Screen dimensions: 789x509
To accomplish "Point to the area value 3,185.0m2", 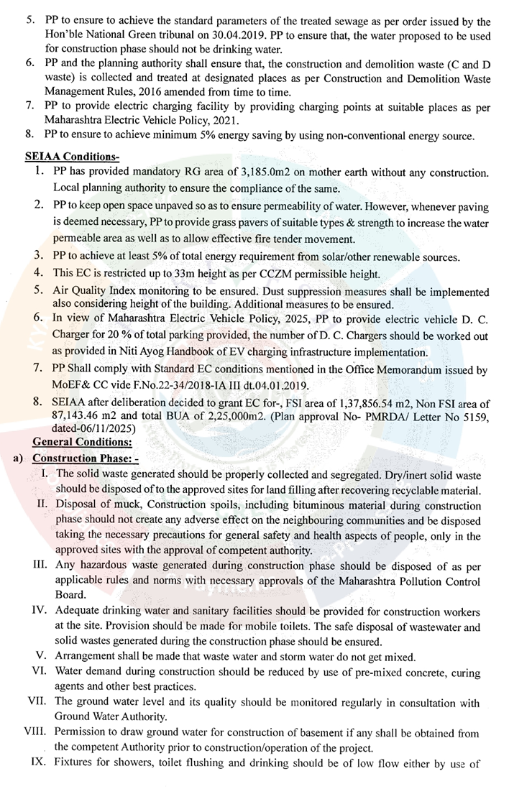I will (x=252, y=174).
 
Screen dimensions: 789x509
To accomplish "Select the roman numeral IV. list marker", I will (x=37, y=612).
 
